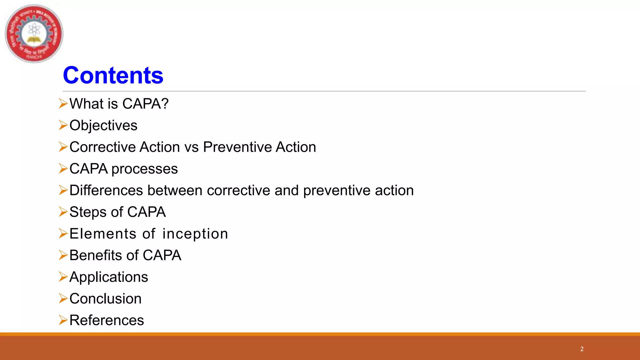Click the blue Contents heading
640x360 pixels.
[x=113, y=76]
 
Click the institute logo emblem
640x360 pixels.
[x=34, y=33]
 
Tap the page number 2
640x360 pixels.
[x=582, y=349]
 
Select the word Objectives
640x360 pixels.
[x=103, y=126]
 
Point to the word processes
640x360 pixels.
[x=144, y=169]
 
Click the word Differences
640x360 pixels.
[x=106, y=191]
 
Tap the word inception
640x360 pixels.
[x=195, y=234]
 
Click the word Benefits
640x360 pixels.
[x=96, y=255]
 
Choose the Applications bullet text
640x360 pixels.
[x=108, y=277]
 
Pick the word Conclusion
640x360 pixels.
[x=105, y=299]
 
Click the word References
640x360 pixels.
[x=107, y=320]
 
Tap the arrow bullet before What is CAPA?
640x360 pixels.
[x=63, y=103]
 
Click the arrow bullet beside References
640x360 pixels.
[x=63, y=320]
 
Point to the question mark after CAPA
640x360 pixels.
[x=165, y=104]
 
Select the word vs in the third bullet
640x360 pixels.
[x=191, y=147]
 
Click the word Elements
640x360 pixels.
[x=103, y=234]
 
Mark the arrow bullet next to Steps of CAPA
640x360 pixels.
[x=63, y=212]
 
